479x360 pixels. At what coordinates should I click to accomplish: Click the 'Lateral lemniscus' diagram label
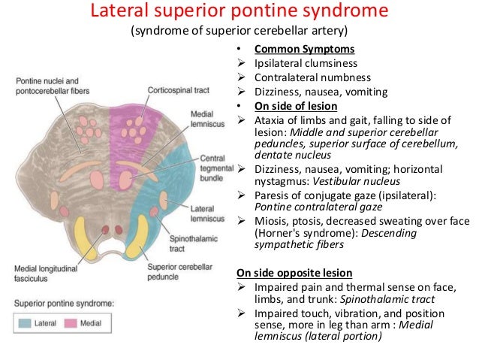click(x=202, y=212)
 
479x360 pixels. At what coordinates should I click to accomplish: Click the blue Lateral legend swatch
click(x=30, y=324)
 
